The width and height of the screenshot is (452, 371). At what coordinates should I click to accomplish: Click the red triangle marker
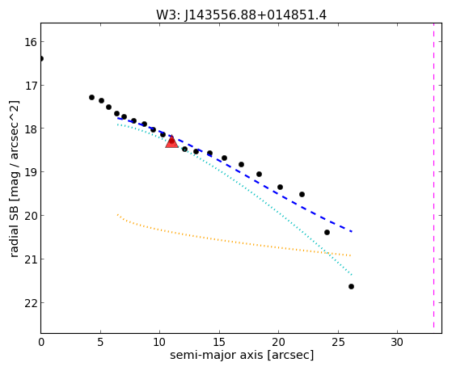pyautogui.click(x=171, y=141)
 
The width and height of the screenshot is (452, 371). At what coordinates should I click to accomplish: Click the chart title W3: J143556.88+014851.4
pyautogui.click(x=242, y=15)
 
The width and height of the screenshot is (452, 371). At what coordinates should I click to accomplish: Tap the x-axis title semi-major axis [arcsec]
pyautogui.click(x=242, y=355)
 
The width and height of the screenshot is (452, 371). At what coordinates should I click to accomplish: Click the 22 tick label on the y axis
pyautogui.click(x=31, y=303)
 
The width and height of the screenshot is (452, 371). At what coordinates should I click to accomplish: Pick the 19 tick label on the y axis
pyautogui.click(x=31, y=172)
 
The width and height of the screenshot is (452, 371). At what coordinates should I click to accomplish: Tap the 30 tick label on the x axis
pyautogui.click(x=397, y=342)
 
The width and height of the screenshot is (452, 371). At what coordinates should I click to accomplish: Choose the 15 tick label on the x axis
pyautogui.click(x=220, y=342)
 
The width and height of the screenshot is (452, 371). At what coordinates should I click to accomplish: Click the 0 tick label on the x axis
pyautogui.click(x=41, y=342)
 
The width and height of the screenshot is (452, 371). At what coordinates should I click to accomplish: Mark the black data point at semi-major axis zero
pyautogui.click(x=41, y=59)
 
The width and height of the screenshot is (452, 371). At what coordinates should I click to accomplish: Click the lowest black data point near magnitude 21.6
pyautogui.click(x=351, y=287)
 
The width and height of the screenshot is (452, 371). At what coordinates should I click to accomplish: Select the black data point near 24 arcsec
pyautogui.click(x=327, y=232)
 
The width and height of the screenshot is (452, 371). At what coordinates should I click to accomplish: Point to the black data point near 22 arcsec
pyautogui.click(x=302, y=194)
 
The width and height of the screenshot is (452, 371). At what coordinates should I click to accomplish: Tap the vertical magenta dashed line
pyautogui.click(x=433, y=176)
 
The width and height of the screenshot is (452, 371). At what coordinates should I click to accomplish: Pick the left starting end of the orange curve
pyautogui.click(x=117, y=214)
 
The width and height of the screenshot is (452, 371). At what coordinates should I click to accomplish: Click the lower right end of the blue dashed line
pyautogui.click(x=352, y=231)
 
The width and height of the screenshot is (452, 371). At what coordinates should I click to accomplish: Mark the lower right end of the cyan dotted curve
pyautogui.click(x=352, y=275)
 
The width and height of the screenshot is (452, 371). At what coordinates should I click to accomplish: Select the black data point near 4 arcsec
pyautogui.click(x=91, y=98)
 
